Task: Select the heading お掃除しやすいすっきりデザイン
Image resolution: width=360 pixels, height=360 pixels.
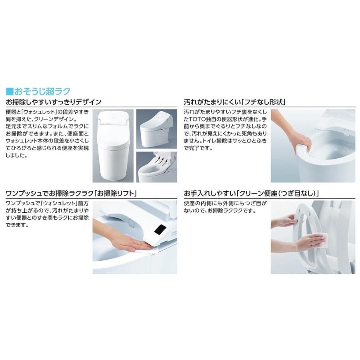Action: [53, 102]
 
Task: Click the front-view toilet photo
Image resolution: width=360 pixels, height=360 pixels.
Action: [113, 146]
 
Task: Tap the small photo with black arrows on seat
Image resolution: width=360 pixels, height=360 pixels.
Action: [157, 167]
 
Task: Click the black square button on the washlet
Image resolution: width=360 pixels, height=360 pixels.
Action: [160, 230]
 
